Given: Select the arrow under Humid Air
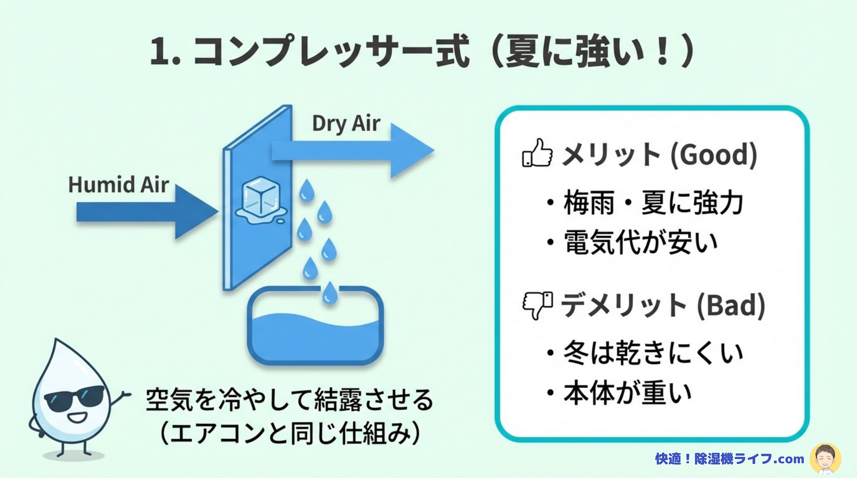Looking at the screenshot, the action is coord(147,212).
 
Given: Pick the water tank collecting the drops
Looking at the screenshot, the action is coord(315,326).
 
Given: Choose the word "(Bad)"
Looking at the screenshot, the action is coord(731,306).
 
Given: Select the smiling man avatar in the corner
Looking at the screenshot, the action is coord(825,459).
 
